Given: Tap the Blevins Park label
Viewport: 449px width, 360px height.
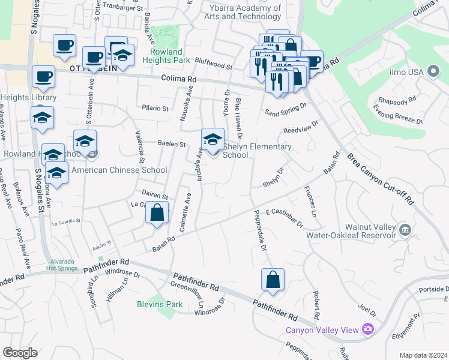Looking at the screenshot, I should pyautogui.click(x=159, y=304).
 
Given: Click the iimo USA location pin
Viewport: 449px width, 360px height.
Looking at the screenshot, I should pyautogui.click(x=434, y=72).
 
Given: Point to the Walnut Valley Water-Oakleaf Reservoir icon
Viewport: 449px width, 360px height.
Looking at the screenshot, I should pyautogui.click(x=405, y=229).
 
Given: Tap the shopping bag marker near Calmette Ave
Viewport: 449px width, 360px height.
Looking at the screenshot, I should pyautogui.click(x=157, y=214).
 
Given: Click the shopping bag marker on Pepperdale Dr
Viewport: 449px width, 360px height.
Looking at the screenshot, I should pyautogui.click(x=273, y=280).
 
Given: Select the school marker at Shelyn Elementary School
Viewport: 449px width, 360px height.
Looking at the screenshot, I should pyautogui.click(x=212, y=140).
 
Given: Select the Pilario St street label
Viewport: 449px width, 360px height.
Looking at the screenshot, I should pyautogui.click(x=155, y=109).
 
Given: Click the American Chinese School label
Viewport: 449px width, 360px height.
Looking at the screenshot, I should pyautogui.click(x=119, y=170).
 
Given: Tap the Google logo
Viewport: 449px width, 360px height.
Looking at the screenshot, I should pyautogui.click(x=20, y=353).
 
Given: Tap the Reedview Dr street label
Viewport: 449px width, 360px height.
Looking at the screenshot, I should pyautogui.click(x=301, y=128).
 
